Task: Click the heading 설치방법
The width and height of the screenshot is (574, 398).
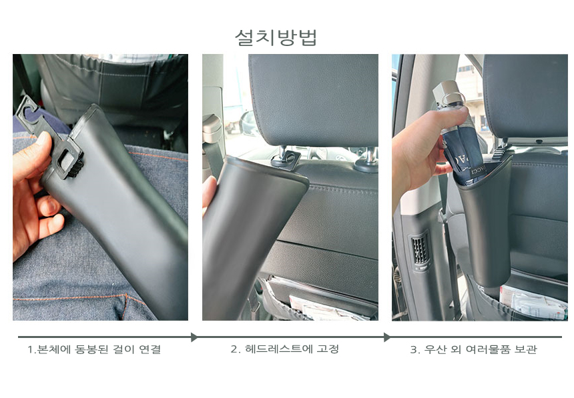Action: (276, 38)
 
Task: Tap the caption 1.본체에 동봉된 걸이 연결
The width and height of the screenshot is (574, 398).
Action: (94, 349)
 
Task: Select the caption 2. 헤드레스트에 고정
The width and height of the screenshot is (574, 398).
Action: (284, 349)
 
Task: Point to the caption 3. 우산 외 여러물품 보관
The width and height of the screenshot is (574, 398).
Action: (473, 349)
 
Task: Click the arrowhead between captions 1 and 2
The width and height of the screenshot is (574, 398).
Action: (194, 337)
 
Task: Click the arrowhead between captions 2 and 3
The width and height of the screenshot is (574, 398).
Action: (387, 337)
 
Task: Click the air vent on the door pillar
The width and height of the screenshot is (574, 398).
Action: (420, 251)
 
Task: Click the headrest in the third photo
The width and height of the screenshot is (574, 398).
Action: (525, 97)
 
